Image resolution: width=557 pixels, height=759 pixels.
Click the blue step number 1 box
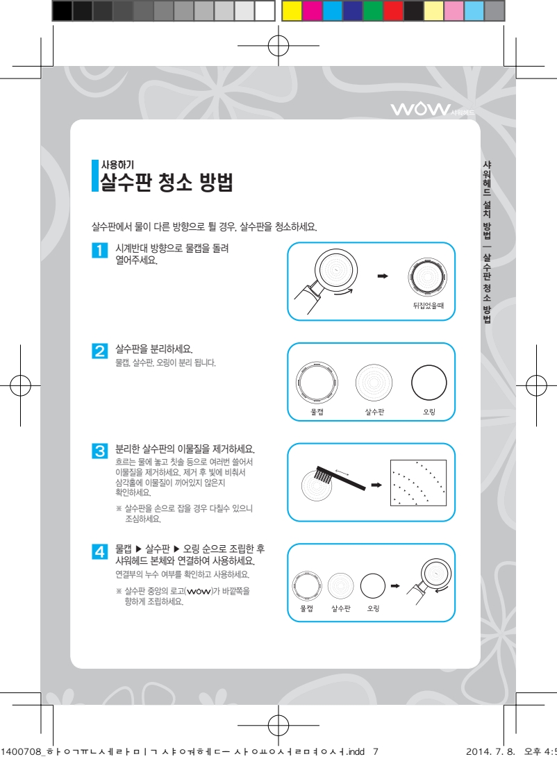(x=99, y=250)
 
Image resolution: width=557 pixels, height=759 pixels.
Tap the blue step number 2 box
(x=99, y=351)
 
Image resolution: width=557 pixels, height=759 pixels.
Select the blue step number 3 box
(x=99, y=451)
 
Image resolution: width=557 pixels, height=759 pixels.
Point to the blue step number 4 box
(x=99, y=551)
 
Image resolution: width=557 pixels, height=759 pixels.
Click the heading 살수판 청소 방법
(x=167, y=182)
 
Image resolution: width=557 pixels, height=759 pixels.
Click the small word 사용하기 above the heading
(x=117, y=165)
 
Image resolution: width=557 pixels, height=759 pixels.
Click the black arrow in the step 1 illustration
(x=383, y=276)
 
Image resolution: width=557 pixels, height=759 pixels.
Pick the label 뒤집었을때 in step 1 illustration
(x=429, y=306)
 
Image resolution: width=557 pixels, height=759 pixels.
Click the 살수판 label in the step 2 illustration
(x=374, y=412)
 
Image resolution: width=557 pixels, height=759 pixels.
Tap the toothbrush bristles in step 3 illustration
(x=322, y=476)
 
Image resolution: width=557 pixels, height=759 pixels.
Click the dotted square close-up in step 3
(x=418, y=483)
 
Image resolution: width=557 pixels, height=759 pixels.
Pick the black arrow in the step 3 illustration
(x=376, y=485)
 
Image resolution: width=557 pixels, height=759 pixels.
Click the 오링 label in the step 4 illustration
(x=373, y=608)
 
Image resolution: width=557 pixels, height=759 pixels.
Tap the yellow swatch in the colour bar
(x=291, y=10)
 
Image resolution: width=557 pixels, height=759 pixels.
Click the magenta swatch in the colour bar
(x=312, y=10)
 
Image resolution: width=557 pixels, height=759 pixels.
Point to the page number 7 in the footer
(x=375, y=751)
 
